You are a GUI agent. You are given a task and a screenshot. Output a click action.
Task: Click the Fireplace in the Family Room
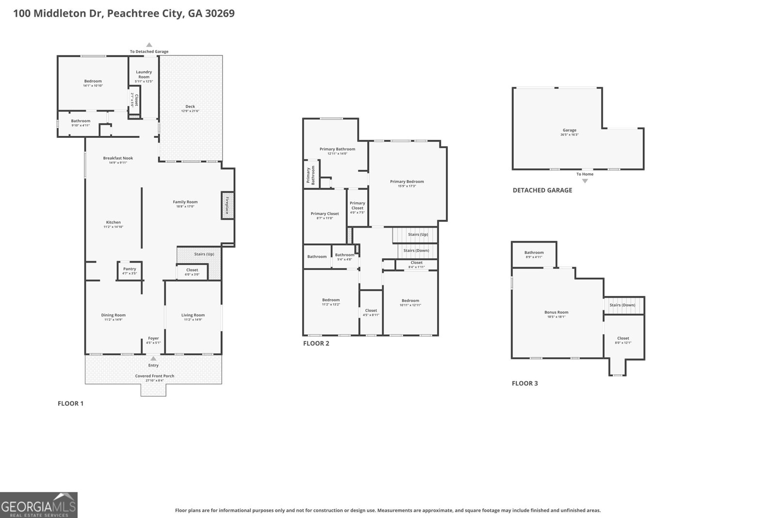click(226, 205)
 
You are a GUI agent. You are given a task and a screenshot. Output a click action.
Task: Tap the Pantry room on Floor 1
click(129, 270)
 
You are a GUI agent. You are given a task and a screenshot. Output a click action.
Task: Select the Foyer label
click(153, 338)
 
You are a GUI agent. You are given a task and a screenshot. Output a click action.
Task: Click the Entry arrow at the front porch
click(153, 359)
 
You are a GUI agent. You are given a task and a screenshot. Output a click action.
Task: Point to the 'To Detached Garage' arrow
click(149, 45)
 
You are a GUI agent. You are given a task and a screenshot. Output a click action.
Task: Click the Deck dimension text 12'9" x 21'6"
click(190, 111)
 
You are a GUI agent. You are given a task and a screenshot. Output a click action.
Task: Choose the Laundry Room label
click(144, 74)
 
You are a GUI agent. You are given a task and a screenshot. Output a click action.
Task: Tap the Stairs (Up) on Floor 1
click(204, 254)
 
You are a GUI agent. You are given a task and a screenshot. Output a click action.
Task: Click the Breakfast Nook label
click(118, 158)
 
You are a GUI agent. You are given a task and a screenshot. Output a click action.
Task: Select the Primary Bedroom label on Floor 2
click(407, 182)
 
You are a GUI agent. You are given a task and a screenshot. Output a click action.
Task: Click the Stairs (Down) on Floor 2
click(416, 251)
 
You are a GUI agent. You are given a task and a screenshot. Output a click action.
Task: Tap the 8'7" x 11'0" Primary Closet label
click(325, 214)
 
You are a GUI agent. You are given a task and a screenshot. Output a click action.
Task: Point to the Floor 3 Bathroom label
click(534, 252)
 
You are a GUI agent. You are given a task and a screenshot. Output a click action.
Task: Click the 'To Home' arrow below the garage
click(585, 181)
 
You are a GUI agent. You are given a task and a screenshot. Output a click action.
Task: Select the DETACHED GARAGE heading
click(542, 190)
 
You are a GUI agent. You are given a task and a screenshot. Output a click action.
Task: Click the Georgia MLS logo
click(39, 505)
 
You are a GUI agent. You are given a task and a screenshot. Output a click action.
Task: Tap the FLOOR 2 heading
click(316, 343)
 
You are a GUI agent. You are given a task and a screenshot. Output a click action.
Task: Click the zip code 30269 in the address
click(220, 13)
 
